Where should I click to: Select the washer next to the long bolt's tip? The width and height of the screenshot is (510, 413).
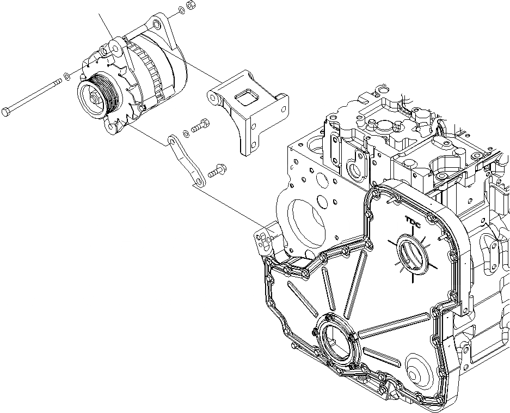tap(66, 76)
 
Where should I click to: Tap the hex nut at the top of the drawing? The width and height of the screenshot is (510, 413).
tap(191, 6)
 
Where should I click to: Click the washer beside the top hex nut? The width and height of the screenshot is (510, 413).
tap(180, 11)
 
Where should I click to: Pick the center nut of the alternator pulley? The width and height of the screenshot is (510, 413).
tap(96, 100)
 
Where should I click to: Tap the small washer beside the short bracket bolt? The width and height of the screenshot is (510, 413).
tap(187, 132)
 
